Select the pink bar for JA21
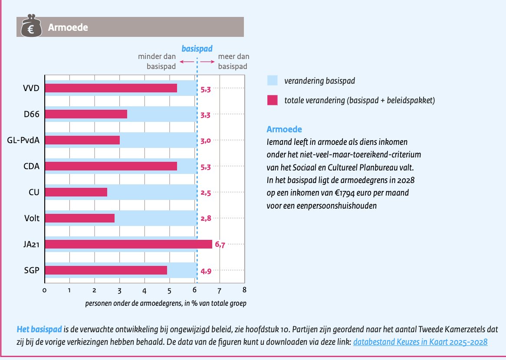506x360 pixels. pyautogui.click(x=128, y=244)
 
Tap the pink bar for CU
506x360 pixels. pyautogui.click(x=76, y=192)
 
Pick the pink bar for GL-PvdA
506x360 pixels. pyautogui.click(x=82, y=140)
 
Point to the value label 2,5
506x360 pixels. pyautogui.click(x=206, y=193)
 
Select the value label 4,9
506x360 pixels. pyautogui.click(x=206, y=271)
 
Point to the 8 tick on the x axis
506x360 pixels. pyautogui.click(x=245, y=290)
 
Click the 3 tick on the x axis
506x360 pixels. pyautogui.click(x=119, y=290)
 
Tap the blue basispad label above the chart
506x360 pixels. pyautogui.click(x=197, y=49)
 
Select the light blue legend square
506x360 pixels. pyautogui.click(x=272, y=80)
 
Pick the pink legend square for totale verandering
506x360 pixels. pyautogui.click(x=272, y=100)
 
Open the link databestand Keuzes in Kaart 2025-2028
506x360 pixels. pyautogui.click(x=420, y=342)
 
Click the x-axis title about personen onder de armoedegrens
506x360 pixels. pyautogui.click(x=166, y=303)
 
